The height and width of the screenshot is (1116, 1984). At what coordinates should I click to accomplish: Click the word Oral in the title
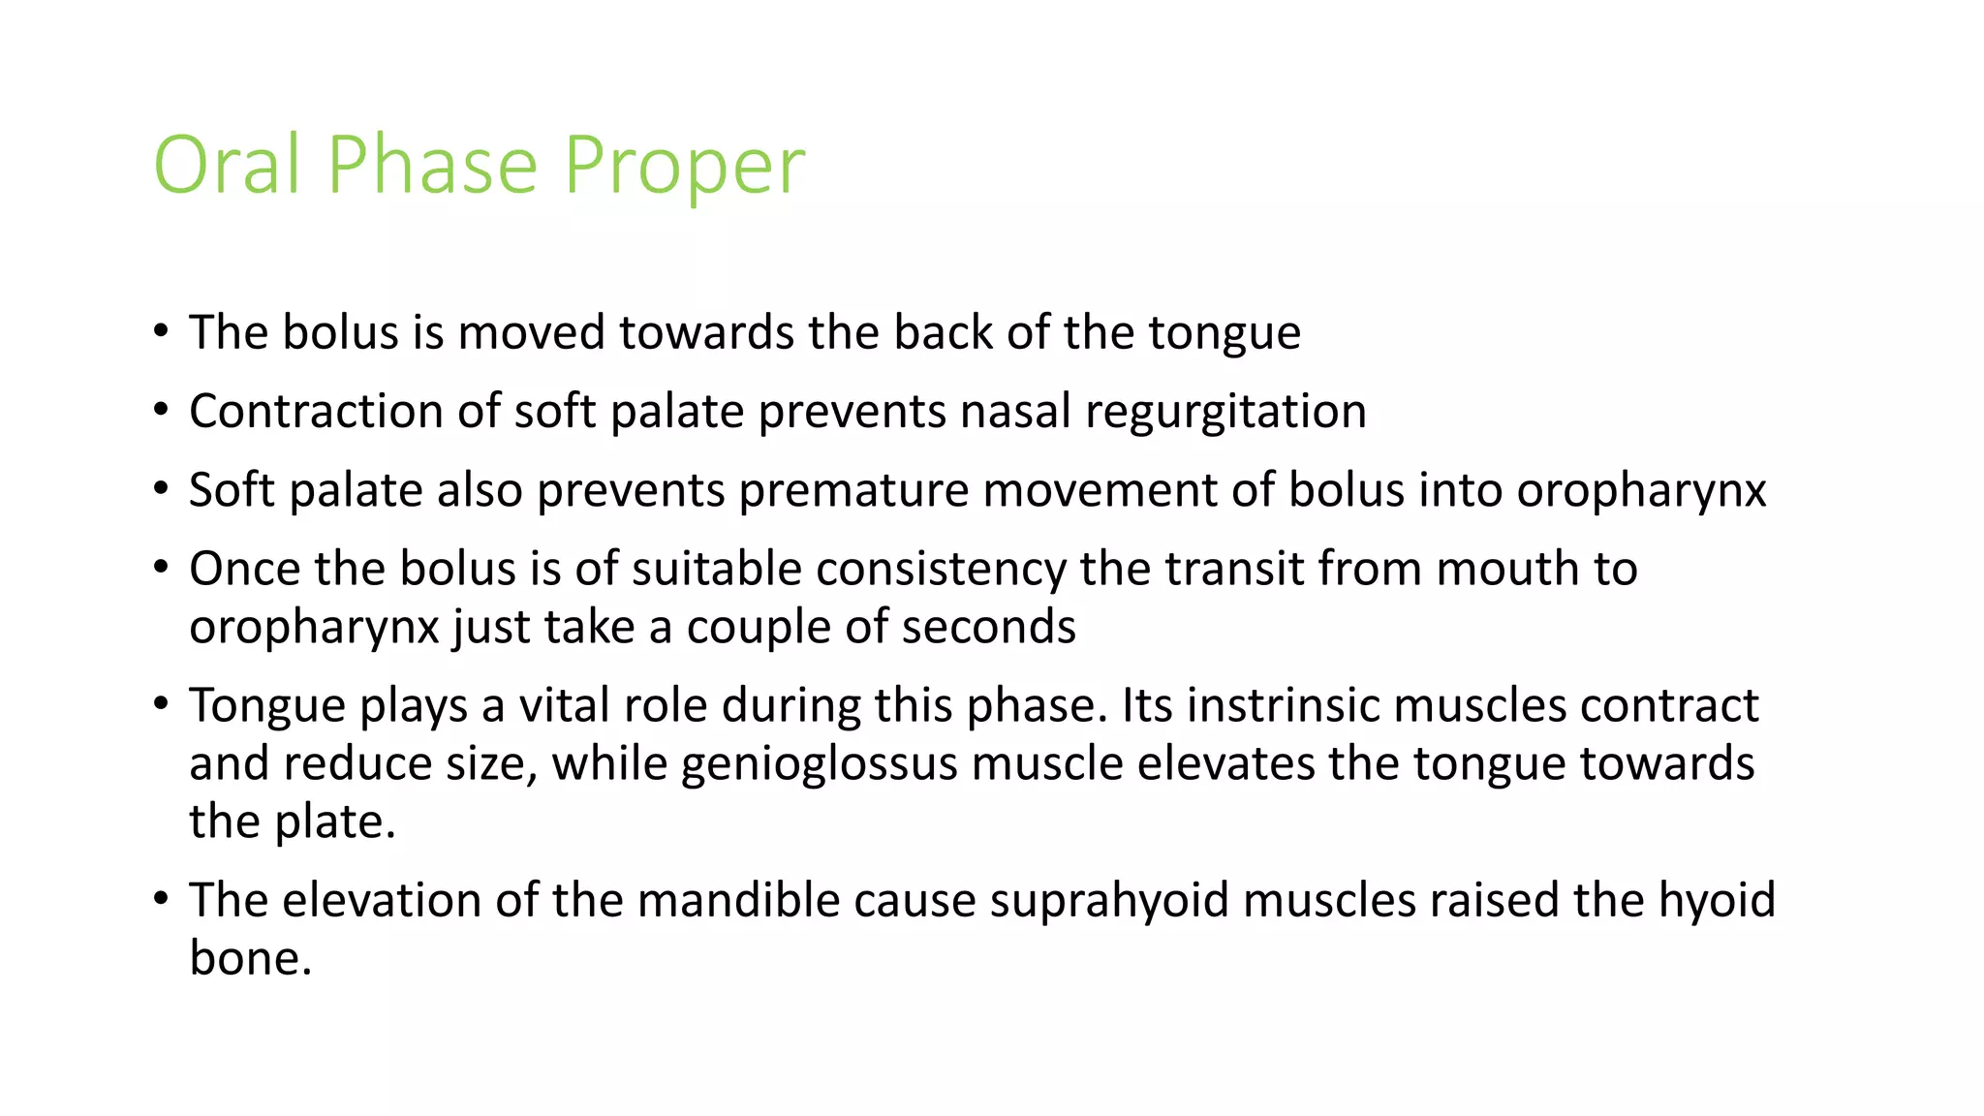tap(227, 165)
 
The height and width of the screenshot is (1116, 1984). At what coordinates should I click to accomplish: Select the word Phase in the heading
tap(432, 165)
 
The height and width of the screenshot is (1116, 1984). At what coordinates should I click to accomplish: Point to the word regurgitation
tap(1225, 413)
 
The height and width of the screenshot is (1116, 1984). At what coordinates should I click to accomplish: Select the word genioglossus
tap(820, 764)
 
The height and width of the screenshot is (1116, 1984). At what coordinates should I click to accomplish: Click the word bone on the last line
tap(250, 958)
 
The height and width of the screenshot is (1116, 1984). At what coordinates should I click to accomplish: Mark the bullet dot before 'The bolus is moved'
tap(161, 331)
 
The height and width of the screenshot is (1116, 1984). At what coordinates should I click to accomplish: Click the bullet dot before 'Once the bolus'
tap(161, 568)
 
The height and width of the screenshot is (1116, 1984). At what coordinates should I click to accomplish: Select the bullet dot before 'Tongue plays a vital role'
tap(161, 704)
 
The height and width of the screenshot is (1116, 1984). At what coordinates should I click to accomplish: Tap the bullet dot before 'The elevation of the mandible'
tap(161, 899)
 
